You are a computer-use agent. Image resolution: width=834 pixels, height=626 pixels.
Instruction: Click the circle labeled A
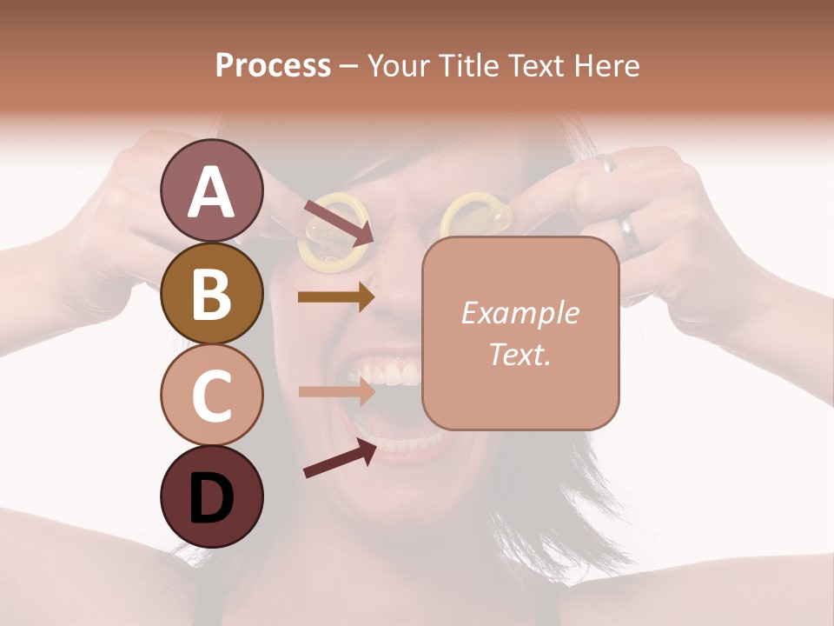(x=211, y=190)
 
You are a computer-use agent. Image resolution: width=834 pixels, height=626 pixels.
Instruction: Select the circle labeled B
(x=211, y=293)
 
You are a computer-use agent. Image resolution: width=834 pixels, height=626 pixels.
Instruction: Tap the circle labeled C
(x=211, y=396)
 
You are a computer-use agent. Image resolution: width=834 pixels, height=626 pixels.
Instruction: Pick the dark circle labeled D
(x=211, y=497)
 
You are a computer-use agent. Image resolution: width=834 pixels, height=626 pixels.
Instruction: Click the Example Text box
(x=520, y=333)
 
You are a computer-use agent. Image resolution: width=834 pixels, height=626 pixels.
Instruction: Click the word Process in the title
(x=273, y=65)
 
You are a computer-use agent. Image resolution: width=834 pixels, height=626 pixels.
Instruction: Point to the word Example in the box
(x=520, y=313)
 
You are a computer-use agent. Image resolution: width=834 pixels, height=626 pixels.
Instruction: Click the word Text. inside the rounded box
(x=520, y=355)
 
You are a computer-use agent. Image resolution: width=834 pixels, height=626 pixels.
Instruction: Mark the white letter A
(x=211, y=192)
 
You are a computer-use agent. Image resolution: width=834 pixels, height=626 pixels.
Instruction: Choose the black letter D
(x=211, y=498)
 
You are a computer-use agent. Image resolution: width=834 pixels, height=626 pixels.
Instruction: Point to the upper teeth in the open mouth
(x=395, y=375)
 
